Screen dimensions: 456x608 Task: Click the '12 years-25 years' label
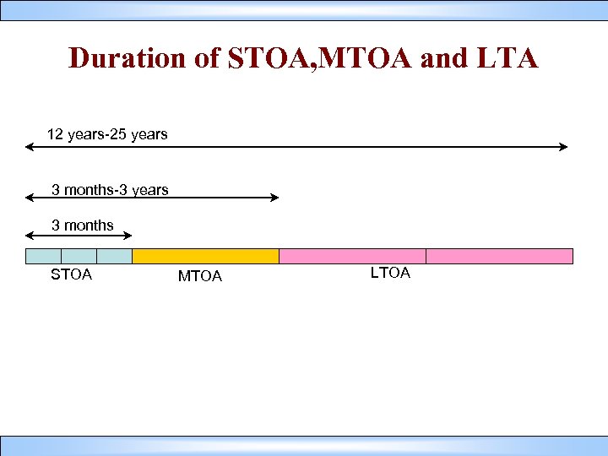click(x=107, y=134)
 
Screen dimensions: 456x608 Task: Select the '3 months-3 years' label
click(x=110, y=190)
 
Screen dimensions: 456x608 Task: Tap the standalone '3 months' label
click(x=83, y=225)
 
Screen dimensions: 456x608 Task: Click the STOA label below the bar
click(x=72, y=274)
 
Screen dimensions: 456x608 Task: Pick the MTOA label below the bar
click(x=200, y=276)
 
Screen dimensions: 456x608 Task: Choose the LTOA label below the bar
click(x=390, y=273)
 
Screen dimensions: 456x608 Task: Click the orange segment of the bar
click(x=205, y=256)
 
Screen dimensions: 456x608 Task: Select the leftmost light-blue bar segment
click(x=44, y=256)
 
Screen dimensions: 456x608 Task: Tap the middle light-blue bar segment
click(x=79, y=256)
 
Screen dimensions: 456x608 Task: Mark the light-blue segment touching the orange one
click(x=115, y=256)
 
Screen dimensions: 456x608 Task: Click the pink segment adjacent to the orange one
click(x=352, y=256)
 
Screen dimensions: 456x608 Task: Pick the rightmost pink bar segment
click(x=499, y=256)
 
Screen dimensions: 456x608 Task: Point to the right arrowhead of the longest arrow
click(x=563, y=148)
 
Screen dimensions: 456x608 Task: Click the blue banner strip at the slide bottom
click(x=304, y=446)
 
